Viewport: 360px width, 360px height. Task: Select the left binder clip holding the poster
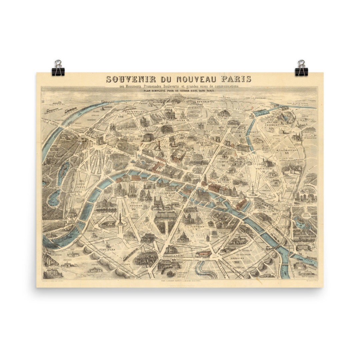point(58,68)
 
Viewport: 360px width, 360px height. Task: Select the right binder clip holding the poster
point(301,68)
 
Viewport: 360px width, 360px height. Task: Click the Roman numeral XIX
point(271,128)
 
